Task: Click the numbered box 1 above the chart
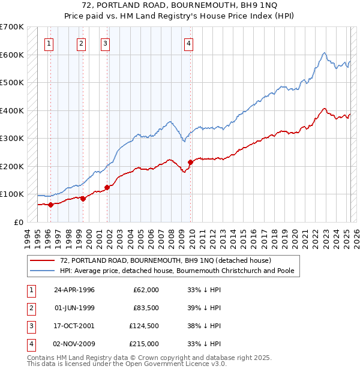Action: [x=49, y=43]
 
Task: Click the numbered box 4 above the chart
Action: [x=188, y=43]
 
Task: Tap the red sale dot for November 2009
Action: [x=190, y=162]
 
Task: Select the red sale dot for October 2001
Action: [x=107, y=187]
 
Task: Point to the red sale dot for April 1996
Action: [x=51, y=205]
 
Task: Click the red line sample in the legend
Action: [x=43, y=260]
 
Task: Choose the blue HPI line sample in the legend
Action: [x=43, y=271]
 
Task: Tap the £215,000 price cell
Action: [x=144, y=344]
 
